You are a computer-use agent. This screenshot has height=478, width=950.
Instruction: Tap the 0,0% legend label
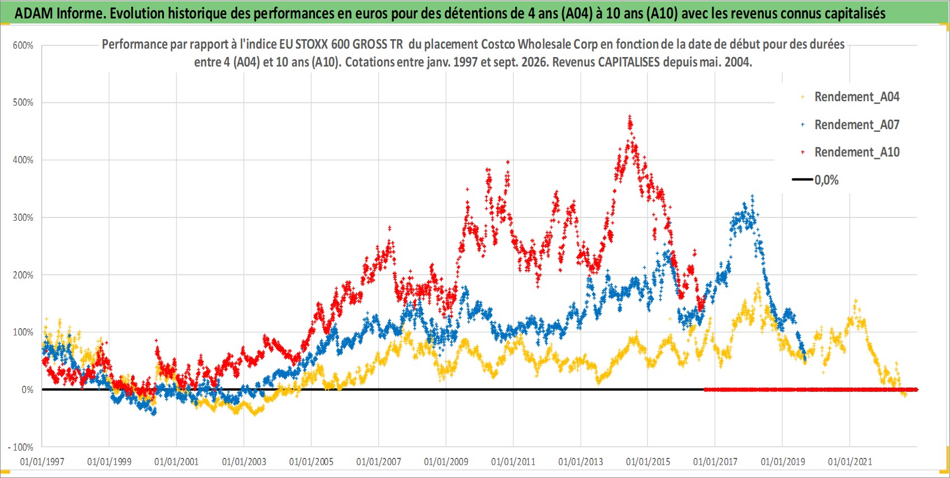(x=826, y=180)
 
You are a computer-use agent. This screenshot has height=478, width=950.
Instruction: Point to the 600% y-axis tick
(x=23, y=45)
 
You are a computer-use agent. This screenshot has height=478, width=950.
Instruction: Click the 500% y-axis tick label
(x=23, y=102)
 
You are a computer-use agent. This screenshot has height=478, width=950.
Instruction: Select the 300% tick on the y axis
(x=23, y=217)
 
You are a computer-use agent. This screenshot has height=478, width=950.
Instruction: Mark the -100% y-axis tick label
(x=20, y=447)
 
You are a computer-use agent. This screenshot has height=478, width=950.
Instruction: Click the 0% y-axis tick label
(x=27, y=390)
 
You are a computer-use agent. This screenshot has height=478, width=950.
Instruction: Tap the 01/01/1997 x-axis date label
(x=42, y=461)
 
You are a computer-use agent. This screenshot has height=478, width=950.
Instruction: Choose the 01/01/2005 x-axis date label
(x=311, y=461)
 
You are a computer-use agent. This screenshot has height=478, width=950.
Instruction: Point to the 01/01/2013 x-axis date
(x=581, y=461)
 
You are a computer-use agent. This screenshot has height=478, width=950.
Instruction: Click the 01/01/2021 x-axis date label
(x=850, y=461)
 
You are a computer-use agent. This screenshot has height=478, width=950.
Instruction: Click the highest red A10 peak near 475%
(x=630, y=116)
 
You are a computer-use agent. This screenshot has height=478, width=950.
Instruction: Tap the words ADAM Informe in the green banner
(x=59, y=13)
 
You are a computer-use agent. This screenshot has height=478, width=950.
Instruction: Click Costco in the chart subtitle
(x=498, y=45)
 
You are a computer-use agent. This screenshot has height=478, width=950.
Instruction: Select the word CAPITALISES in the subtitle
(x=628, y=62)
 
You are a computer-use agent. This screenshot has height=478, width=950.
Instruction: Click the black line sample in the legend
(x=802, y=179)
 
